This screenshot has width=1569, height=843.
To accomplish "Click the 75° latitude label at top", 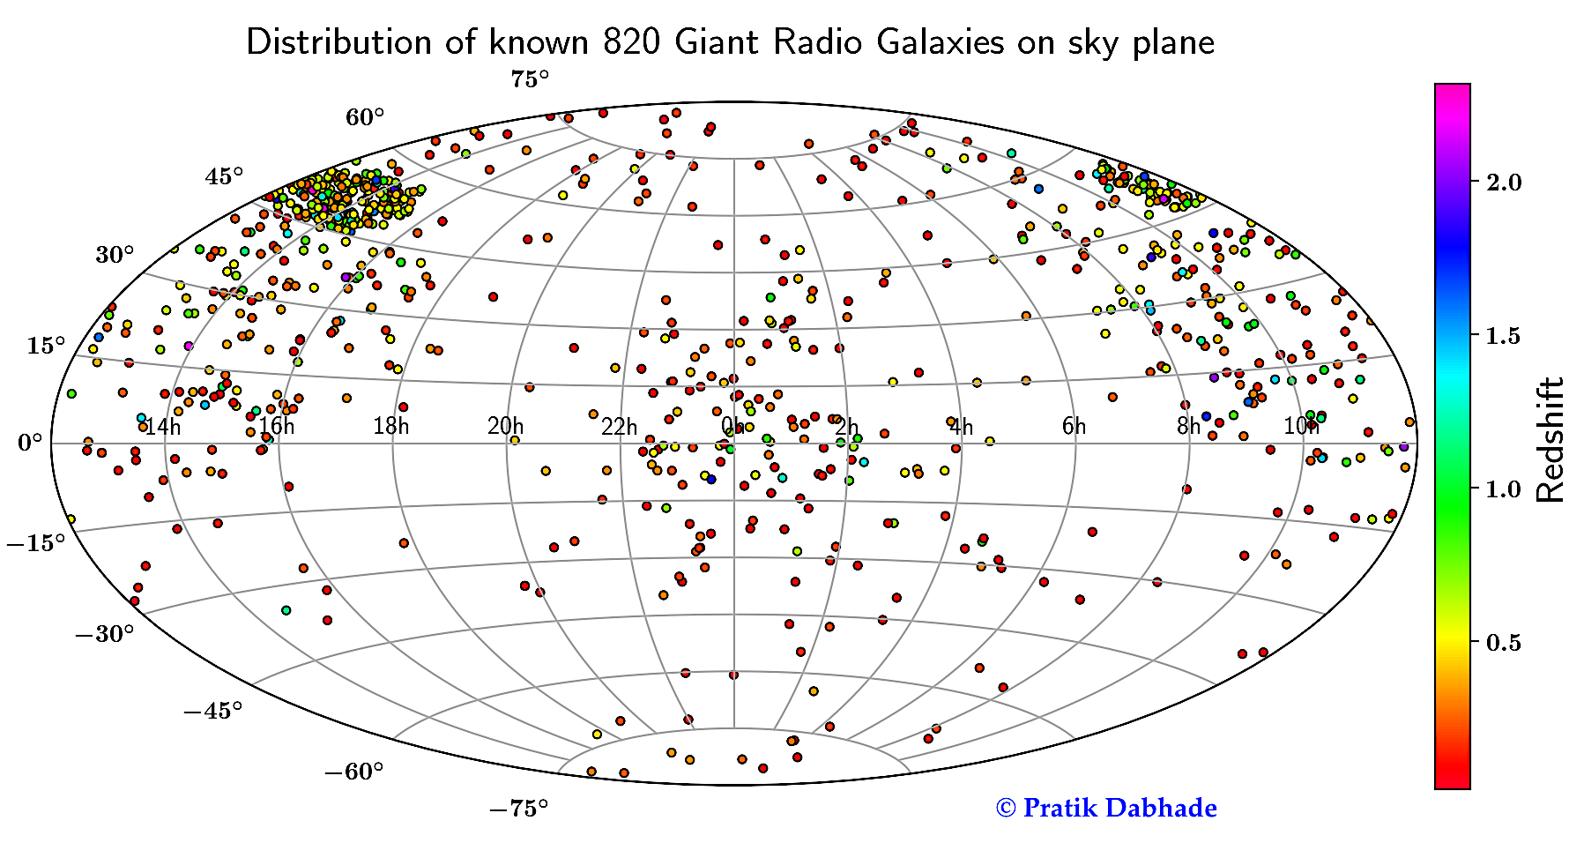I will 529,80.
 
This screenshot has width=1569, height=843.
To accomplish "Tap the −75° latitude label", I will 518,808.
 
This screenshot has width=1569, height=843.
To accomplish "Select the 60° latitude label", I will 365,117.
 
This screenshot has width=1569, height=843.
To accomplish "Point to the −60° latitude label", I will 354,772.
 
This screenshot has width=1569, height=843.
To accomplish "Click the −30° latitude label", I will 105,633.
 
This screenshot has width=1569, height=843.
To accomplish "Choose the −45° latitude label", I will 213,711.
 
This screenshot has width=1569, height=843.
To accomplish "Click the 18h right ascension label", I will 390,428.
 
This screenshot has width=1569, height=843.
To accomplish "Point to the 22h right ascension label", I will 619,428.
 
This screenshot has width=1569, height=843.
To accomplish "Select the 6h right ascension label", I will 1074,428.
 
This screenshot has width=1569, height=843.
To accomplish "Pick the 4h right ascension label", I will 961,428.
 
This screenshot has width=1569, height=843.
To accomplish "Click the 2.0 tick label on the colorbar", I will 1504,183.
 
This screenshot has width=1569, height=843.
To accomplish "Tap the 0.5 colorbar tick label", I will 1504,643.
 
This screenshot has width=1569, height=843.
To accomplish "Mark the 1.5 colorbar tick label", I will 1504,336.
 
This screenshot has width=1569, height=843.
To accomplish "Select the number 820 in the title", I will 632,42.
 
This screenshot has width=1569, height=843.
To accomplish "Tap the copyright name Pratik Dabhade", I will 1119,808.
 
